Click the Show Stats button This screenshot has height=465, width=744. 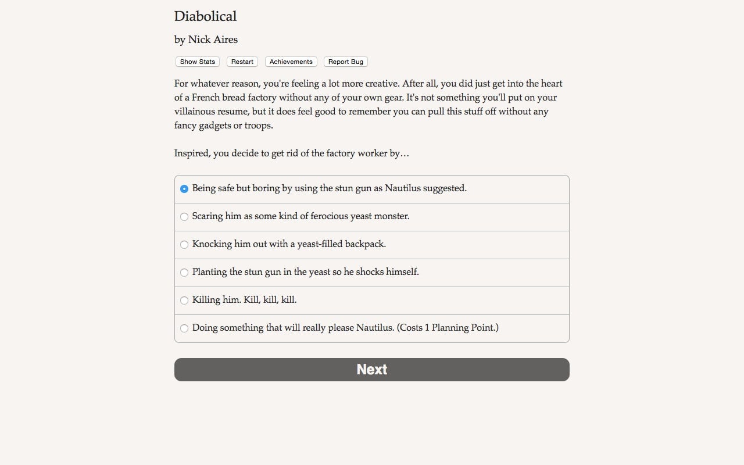[197, 62]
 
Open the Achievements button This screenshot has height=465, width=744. [291, 62]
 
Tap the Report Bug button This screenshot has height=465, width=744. [345, 62]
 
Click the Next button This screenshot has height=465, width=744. [372, 370]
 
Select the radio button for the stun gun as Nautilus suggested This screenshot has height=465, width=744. [184, 189]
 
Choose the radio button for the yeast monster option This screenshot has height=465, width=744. [184, 217]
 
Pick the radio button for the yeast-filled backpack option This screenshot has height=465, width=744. [184, 245]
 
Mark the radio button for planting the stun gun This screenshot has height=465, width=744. [184, 273]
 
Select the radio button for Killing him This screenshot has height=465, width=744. [184, 301]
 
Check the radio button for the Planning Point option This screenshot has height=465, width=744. [184, 328]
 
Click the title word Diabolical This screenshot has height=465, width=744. [205, 16]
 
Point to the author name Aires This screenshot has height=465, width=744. [225, 40]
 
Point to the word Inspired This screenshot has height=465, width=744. [192, 153]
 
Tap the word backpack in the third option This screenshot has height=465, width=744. [366, 244]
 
